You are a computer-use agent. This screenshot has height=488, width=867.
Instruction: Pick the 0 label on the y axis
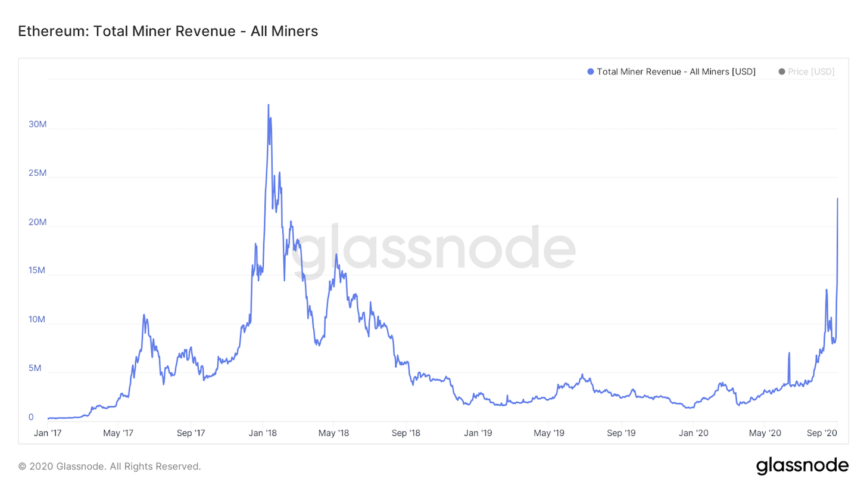pos(31,418)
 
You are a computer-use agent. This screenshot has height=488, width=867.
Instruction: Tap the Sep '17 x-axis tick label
pos(192,433)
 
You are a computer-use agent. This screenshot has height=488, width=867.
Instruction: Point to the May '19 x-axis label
pos(550,433)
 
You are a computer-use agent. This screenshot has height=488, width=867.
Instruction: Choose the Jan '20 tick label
pos(694,433)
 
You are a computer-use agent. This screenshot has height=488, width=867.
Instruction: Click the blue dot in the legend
pos(591,72)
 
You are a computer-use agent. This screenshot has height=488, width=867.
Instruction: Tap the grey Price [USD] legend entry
pos(810,72)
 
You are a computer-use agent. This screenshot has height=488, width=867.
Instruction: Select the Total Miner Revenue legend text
pos(676,72)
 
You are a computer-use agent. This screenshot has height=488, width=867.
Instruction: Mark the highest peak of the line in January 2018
pos(268,105)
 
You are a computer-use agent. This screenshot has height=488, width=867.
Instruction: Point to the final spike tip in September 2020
pos(837,198)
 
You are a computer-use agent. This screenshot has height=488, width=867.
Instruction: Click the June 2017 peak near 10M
pos(144,315)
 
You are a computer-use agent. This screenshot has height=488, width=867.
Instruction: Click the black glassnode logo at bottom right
pos(802,465)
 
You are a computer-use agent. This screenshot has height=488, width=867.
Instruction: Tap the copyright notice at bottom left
pos(110,467)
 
